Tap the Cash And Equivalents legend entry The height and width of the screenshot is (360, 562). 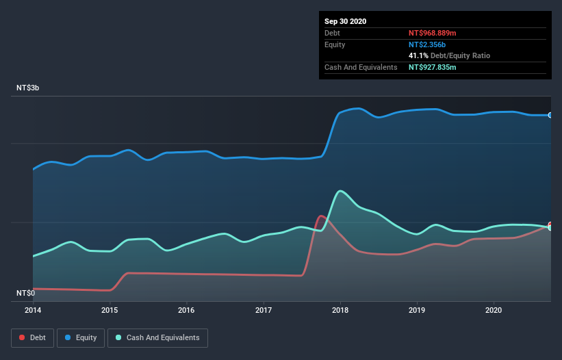[x=157, y=337]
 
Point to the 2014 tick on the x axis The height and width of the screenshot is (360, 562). [x=33, y=310]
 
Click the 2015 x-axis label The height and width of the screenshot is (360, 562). [x=110, y=310]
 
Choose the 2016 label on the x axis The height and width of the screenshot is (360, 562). [x=186, y=310]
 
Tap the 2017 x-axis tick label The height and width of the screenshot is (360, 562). [x=263, y=310]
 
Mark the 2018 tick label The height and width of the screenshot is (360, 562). [x=340, y=310]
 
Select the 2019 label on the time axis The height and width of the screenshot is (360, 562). [x=416, y=310]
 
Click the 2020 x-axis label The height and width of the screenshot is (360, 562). [x=493, y=310]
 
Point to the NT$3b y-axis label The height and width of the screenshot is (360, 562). [x=29, y=88]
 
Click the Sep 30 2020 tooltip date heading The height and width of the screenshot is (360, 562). [x=346, y=21]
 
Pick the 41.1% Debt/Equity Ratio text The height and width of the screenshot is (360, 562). [x=449, y=55]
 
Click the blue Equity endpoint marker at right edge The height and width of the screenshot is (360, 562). [x=550, y=115]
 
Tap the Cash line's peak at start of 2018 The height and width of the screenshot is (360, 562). [x=340, y=191]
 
